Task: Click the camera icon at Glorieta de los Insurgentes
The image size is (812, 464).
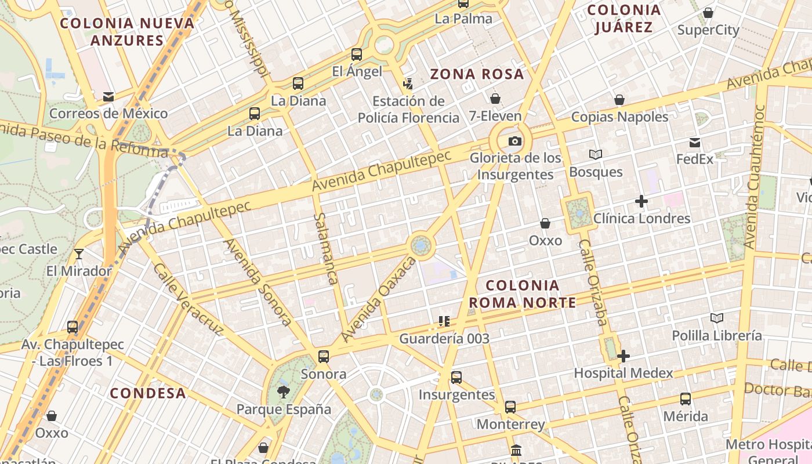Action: tap(514, 141)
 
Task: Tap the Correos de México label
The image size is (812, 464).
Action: tap(108, 113)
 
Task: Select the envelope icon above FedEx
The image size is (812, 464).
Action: tap(695, 143)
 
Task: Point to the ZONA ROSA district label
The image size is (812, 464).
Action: tap(477, 74)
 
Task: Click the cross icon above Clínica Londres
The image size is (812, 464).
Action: tap(641, 201)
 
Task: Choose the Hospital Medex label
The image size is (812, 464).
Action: tap(623, 373)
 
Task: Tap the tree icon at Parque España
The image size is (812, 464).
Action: tap(283, 392)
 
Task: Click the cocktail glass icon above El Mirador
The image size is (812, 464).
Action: tap(79, 254)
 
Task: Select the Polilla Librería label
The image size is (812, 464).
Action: tap(717, 335)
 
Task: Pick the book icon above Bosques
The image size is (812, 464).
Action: tap(596, 154)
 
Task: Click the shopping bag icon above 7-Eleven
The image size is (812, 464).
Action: tap(495, 99)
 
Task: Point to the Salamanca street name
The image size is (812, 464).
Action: tap(325, 248)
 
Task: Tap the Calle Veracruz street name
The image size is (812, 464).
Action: tap(188, 299)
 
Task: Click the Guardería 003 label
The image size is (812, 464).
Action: tap(444, 338)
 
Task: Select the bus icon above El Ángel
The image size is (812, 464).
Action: tap(357, 55)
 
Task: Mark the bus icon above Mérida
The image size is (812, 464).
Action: tap(686, 399)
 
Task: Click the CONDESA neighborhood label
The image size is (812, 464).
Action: tap(148, 393)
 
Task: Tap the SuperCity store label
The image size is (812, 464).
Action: tap(708, 30)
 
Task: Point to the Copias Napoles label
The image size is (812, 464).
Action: tap(619, 117)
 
